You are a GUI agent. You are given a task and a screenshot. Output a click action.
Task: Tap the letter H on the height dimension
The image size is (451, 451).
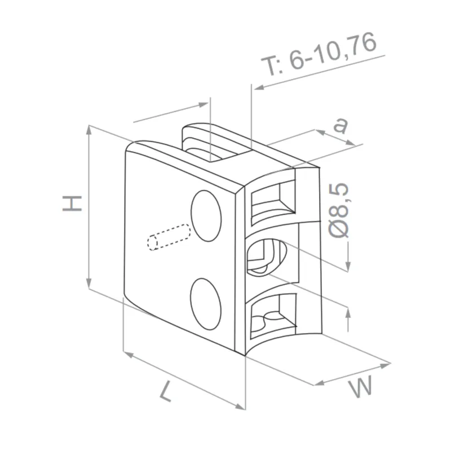click(73, 204)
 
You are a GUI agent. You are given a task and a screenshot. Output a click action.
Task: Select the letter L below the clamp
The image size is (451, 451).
click(164, 390)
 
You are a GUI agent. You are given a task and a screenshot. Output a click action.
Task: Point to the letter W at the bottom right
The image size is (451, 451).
click(361, 387)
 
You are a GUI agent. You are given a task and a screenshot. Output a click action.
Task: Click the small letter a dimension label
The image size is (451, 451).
click(339, 125)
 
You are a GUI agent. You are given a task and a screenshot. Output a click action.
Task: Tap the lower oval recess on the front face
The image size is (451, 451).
click(206, 303)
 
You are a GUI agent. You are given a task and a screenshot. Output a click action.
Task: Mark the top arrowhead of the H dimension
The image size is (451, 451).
click(89, 129)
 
